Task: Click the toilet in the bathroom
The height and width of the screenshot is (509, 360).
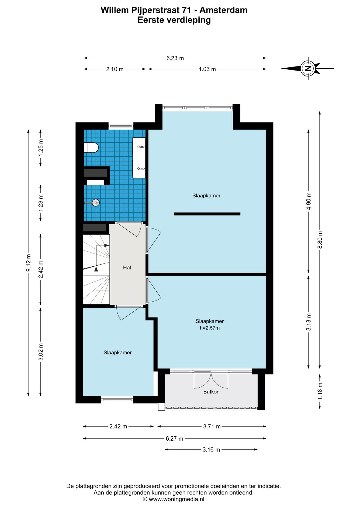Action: click(x=91, y=147)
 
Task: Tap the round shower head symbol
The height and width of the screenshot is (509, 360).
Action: click(x=95, y=203)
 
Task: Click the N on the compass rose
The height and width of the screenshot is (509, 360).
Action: click(x=308, y=68)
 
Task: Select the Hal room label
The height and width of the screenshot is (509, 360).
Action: click(x=127, y=267)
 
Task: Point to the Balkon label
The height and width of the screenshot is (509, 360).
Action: click(x=211, y=392)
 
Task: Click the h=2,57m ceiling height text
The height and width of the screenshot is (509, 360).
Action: click(x=210, y=328)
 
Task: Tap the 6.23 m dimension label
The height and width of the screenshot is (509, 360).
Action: click(x=175, y=58)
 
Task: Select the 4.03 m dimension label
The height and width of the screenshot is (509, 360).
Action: click(x=207, y=69)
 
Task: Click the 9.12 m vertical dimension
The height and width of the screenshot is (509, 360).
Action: click(x=28, y=263)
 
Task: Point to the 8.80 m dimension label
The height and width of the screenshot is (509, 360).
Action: click(x=320, y=240)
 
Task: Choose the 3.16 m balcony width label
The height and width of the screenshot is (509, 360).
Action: click(x=211, y=450)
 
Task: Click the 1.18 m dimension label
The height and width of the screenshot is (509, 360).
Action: click(x=320, y=391)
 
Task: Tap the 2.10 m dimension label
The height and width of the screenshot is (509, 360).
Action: click(x=115, y=69)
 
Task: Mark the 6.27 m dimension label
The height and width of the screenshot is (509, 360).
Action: click(x=174, y=438)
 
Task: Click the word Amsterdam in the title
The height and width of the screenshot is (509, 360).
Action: click(x=223, y=10)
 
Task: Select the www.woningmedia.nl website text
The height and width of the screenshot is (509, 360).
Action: click(x=177, y=499)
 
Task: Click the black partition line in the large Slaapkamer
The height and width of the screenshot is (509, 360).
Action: click(x=207, y=214)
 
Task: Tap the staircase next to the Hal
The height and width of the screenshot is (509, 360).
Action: click(x=96, y=269)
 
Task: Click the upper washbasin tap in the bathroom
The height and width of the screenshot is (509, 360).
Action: click(x=141, y=146)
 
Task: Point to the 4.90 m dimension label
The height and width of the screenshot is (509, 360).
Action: click(x=309, y=201)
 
